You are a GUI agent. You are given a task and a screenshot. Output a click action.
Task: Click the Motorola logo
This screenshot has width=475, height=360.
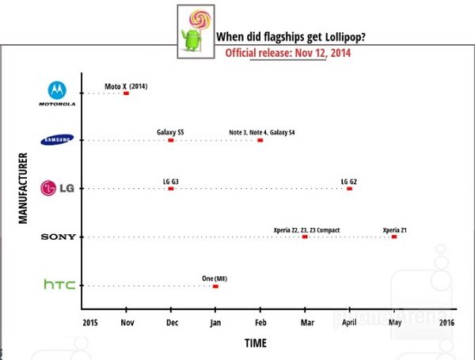(57, 93)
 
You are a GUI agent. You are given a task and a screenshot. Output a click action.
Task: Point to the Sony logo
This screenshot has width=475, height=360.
(58, 237)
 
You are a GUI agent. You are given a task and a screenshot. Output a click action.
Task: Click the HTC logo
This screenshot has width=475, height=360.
(59, 285)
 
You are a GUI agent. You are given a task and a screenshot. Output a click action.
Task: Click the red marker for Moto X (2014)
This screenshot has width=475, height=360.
(126, 93)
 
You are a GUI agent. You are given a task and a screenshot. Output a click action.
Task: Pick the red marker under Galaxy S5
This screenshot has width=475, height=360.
(171, 141)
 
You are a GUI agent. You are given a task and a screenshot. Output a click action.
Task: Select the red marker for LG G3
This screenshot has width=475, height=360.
(171, 189)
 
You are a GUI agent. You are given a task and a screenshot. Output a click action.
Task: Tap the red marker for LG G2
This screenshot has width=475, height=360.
(349, 189)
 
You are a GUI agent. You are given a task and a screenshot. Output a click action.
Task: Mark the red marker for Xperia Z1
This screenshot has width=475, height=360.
(394, 237)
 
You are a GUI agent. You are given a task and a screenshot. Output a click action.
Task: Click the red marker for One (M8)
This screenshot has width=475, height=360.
(215, 286)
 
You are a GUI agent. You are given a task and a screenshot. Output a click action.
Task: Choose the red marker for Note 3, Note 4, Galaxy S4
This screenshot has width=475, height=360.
(260, 141)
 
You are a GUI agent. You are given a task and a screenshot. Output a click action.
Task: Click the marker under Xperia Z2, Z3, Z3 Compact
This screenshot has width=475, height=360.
(305, 237)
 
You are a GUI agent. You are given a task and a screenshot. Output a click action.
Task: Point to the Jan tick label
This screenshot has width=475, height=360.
(215, 323)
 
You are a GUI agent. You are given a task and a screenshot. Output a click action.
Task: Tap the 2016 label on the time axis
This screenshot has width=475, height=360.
(446, 323)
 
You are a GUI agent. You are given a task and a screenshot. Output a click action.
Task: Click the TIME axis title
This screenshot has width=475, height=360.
(255, 343)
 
